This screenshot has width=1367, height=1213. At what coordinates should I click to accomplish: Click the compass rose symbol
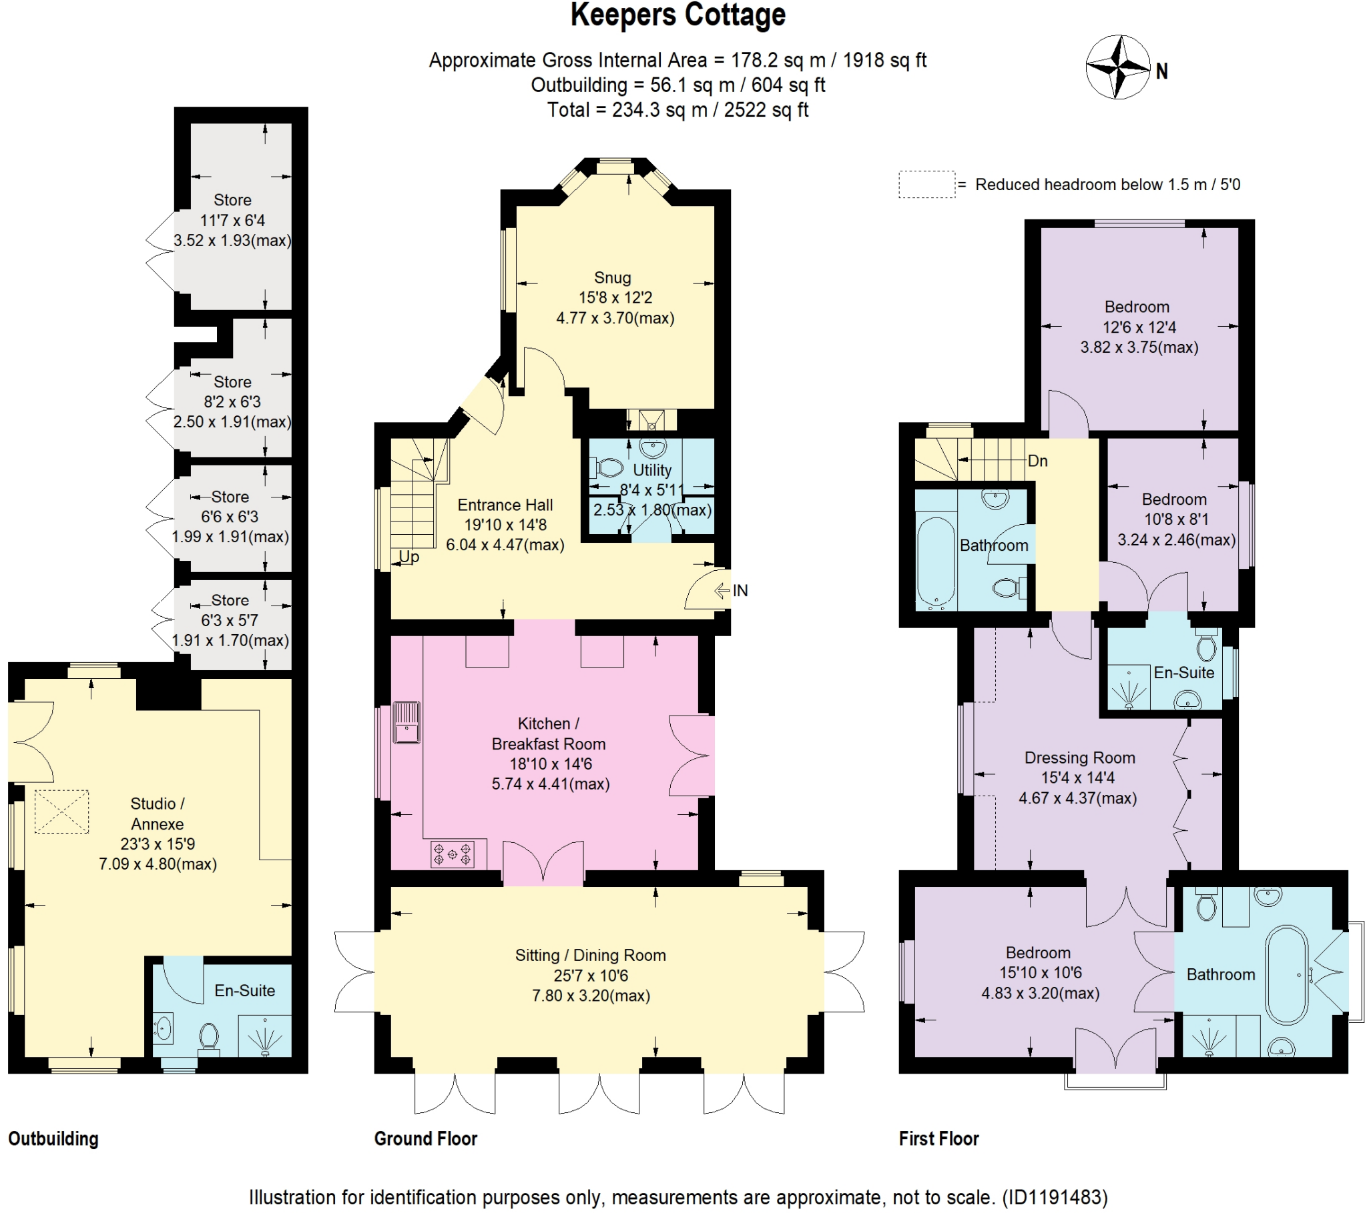(x=1117, y=67)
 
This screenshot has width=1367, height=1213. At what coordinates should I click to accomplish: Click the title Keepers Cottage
(x=677, y=15)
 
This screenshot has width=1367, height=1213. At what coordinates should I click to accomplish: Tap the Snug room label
(x=612, y=277)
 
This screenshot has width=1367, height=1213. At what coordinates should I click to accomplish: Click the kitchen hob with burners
(x=452, y=854)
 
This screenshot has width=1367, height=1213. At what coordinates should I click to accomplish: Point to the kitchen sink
(x=406, y=722)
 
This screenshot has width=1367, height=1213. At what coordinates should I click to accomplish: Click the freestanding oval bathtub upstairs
(x=1286, y=974)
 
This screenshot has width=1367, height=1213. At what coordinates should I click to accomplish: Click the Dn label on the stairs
(x=1037, y=461)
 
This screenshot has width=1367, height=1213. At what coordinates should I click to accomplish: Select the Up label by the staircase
(x=408, y=557)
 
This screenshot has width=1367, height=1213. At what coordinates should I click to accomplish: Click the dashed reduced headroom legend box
(x=926, y=185)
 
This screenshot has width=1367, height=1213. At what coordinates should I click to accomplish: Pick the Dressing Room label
(x=1079, y=757)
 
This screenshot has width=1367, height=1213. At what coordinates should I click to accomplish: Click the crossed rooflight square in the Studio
(x=61, y=812)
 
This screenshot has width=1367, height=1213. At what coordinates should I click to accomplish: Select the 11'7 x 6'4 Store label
(x=232, y=220)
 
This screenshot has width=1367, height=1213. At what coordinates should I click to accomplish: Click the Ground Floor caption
(x=425, y=1138)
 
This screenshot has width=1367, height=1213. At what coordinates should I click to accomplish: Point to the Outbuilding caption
(x=53, y=1138)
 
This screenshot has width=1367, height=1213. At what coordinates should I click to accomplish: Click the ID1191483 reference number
(x=1055, y=1196)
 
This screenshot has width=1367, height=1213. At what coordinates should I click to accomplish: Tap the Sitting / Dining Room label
(x=590, y=955)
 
